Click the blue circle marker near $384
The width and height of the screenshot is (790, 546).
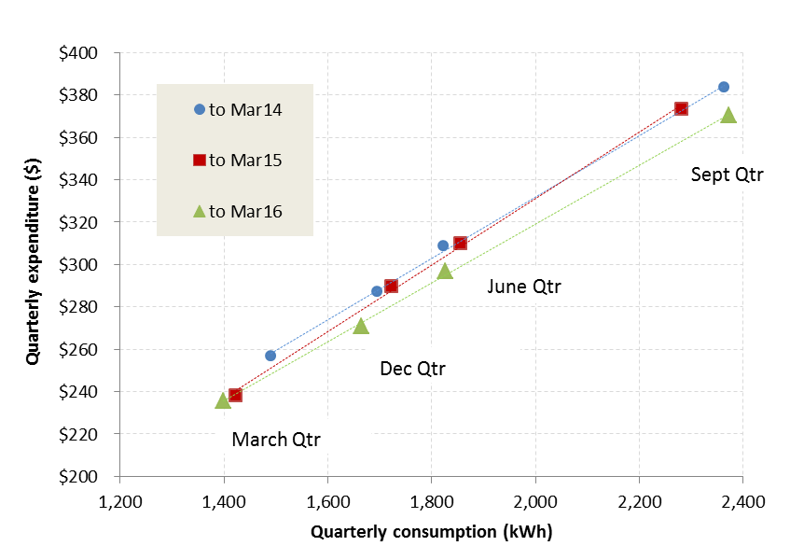click(723, 87)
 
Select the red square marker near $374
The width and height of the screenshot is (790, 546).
click(681, 108)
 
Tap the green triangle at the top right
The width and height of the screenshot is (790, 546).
click(728, 115)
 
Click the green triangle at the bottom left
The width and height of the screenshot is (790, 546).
click(223, 400)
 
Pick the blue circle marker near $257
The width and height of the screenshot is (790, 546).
click(270, 356)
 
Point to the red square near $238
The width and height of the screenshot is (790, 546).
click(235, 395)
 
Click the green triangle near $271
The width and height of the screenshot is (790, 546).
click(361, 326)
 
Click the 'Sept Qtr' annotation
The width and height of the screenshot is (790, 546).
click(727, 174)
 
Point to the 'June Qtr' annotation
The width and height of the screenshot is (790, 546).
click(524, 287)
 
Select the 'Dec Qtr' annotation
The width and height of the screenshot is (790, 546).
click(412, 369)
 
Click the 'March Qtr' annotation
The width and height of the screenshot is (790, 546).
click(276, 440)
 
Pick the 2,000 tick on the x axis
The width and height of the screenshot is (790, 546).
click(534, 501)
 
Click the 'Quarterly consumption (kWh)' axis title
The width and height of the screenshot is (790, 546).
click(431, 531)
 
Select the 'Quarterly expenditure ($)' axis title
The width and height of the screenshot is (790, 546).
click(33, 264)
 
